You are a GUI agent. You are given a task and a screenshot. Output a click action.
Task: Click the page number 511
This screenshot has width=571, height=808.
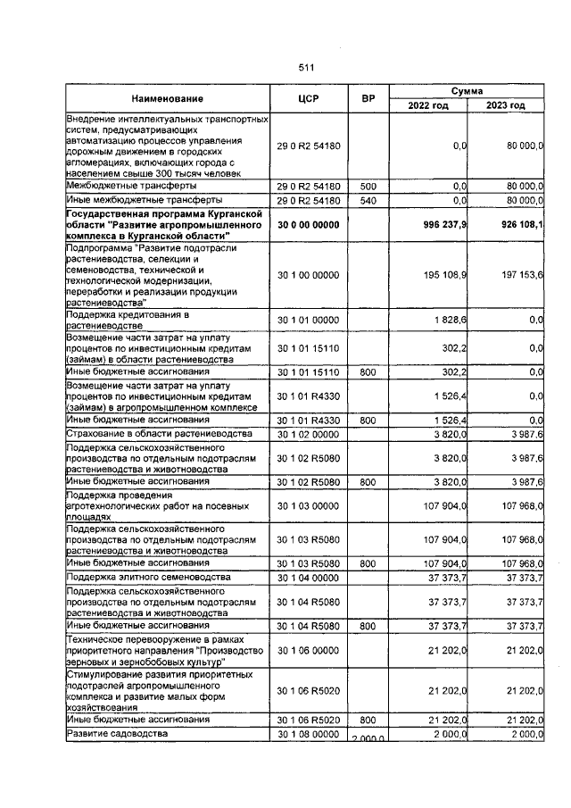(x=307, y=68)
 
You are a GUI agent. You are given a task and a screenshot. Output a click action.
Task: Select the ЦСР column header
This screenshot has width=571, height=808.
(x=307, y=98)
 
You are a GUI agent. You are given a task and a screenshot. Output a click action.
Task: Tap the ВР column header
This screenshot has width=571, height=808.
(x=367, y=98)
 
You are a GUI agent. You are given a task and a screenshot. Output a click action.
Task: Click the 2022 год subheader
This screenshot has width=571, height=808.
(x=428, y=105)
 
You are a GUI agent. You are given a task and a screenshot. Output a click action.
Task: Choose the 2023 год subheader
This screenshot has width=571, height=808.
(x=506, y=105)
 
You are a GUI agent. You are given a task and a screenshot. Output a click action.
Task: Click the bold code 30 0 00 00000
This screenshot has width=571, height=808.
(x=307, y=226)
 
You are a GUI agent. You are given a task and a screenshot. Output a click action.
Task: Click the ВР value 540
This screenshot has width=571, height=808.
(x=367, y=202)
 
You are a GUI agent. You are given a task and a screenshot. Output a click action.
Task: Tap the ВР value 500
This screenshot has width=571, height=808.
(x=367, y=186)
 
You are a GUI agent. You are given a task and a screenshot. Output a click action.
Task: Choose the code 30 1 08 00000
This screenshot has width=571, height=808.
(x=307, y=734)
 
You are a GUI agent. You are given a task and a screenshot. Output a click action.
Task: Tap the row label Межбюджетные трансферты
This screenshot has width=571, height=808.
(x=127, y=186)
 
